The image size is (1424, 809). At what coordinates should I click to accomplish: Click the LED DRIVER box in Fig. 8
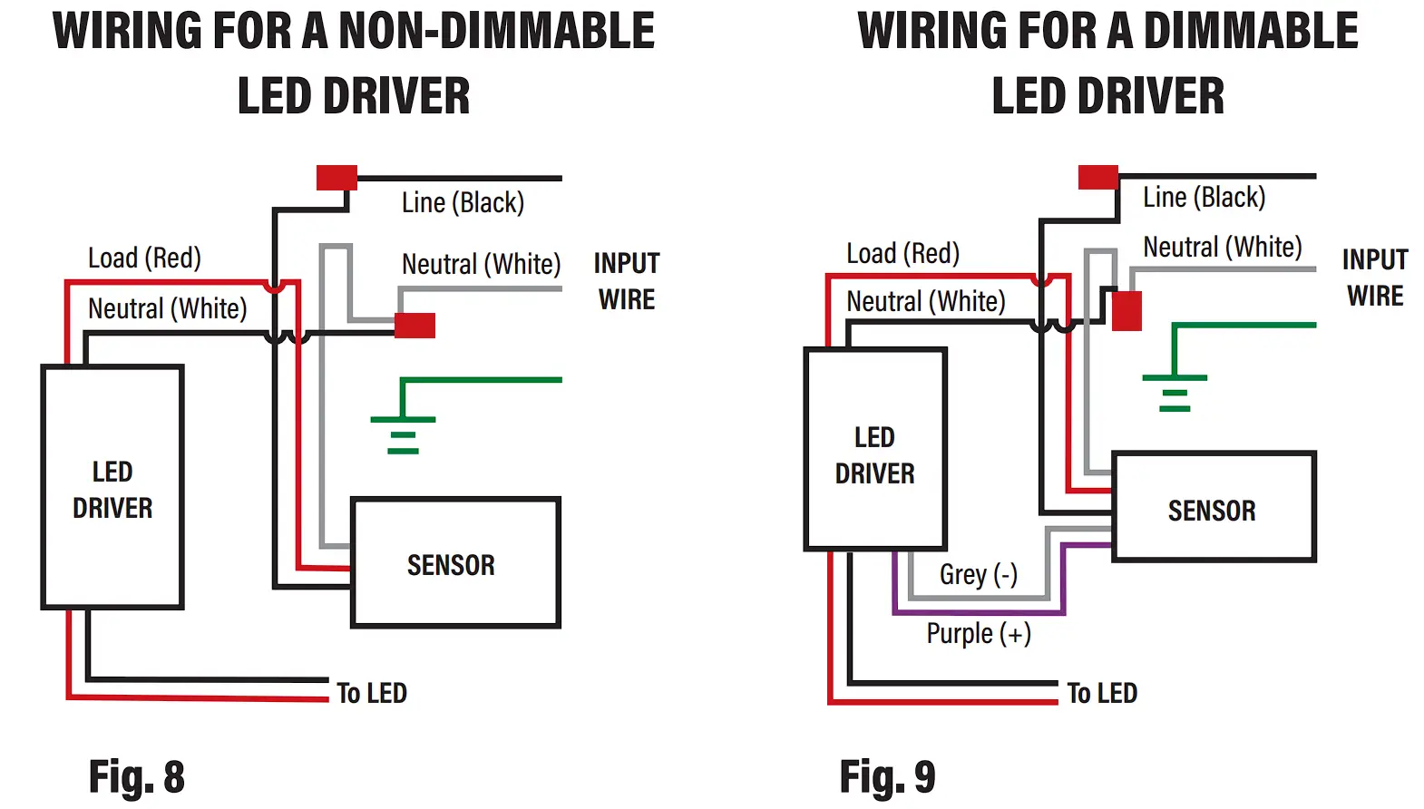[x=112, y=487]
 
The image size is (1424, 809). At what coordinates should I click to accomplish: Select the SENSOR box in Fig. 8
[x=456, y=563]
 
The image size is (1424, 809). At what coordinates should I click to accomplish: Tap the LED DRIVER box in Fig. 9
[x=875, y=449]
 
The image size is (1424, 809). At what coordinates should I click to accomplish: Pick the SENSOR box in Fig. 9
[x=1214, y=506]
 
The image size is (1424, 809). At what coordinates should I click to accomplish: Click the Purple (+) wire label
[x=979, y=634]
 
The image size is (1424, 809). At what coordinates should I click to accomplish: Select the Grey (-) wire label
[x=979, y=575]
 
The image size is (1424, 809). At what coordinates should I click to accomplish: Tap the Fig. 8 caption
[x=137, y=776]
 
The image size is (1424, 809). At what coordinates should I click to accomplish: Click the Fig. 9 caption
[x=887, y=776]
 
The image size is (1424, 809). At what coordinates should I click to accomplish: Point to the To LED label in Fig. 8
[x=372, y=693]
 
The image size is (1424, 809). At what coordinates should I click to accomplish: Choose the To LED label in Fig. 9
[x=1102, y=693]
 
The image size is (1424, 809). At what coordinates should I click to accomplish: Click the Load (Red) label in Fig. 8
[x=144, y=258]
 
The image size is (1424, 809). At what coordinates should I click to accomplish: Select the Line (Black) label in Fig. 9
[x=1204, y=197]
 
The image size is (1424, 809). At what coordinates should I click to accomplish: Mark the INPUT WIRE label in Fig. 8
[x=627, y=281]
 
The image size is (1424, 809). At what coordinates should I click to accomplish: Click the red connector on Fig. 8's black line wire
[x=336, y=178]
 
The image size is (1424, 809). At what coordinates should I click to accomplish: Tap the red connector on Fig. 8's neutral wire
[x=415, y=326]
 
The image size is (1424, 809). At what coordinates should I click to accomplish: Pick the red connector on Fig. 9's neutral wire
[x=1127, y=311]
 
